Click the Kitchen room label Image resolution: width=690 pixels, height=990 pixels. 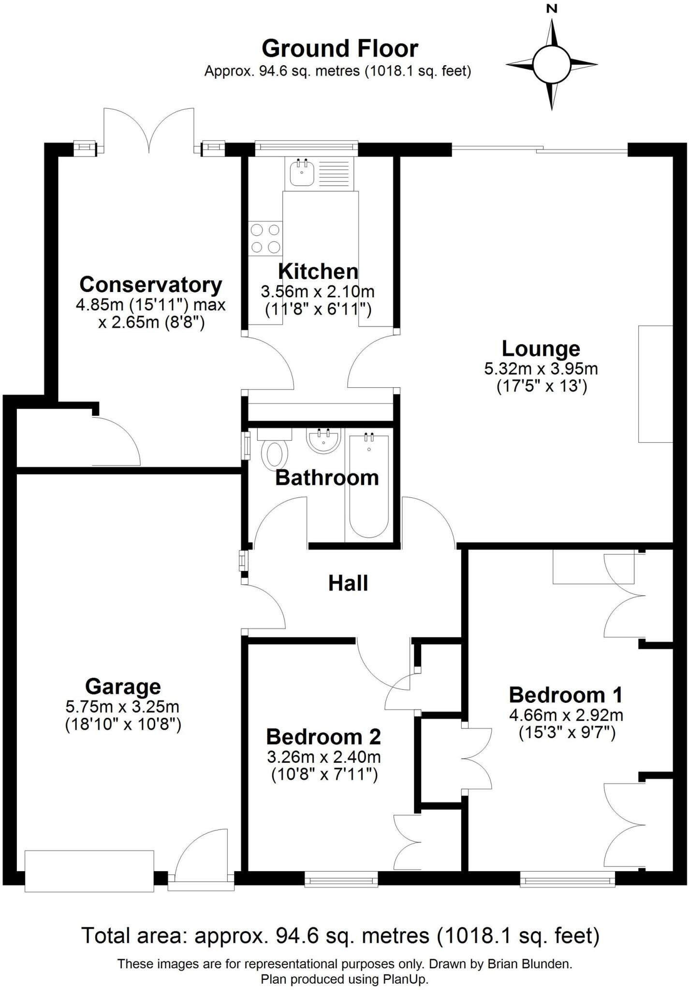(318, 271)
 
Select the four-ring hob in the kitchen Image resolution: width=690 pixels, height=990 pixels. (265, 238)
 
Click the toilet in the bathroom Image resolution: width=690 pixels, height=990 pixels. (274, 452)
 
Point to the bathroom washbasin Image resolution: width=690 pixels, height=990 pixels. (323, 441)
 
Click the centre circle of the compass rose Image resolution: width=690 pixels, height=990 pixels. (552, 64)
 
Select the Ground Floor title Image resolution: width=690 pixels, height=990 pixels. (340, 48)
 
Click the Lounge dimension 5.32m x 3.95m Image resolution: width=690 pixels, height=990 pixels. (541, 369)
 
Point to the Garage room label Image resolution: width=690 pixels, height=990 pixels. (123, 686)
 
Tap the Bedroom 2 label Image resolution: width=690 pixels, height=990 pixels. (323, 737)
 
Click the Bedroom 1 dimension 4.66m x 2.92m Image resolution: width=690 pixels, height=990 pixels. (566, 714)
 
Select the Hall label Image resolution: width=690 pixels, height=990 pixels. (348, 583)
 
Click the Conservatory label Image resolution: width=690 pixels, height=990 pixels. (151, 284)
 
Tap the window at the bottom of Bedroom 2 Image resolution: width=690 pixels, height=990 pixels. (341, 880)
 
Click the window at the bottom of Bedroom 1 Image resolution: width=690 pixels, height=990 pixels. (567, 880)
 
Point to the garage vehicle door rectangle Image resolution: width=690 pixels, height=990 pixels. (89, 871)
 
